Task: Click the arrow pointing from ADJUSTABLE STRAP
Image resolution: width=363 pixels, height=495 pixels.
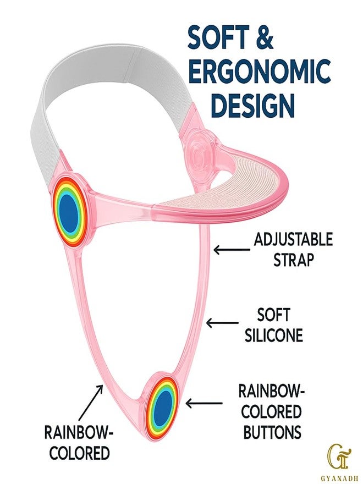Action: tap(232, 250)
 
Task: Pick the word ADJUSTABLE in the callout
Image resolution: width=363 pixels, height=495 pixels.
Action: tap(293, 240)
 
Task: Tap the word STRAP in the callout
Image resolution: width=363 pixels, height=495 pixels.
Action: tap(294, 260)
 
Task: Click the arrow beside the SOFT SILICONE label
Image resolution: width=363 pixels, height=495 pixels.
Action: tap(222, 323)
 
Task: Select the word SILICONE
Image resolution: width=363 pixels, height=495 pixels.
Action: tap(274, 335)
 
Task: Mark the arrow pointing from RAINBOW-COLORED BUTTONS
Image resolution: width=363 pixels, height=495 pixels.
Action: tap(204, 403)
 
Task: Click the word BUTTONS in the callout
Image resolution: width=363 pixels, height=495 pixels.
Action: tap(272, 432)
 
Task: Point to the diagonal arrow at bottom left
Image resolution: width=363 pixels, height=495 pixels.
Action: tap(91, 402)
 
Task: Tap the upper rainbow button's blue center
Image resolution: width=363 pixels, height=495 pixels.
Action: tap(69, 212)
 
